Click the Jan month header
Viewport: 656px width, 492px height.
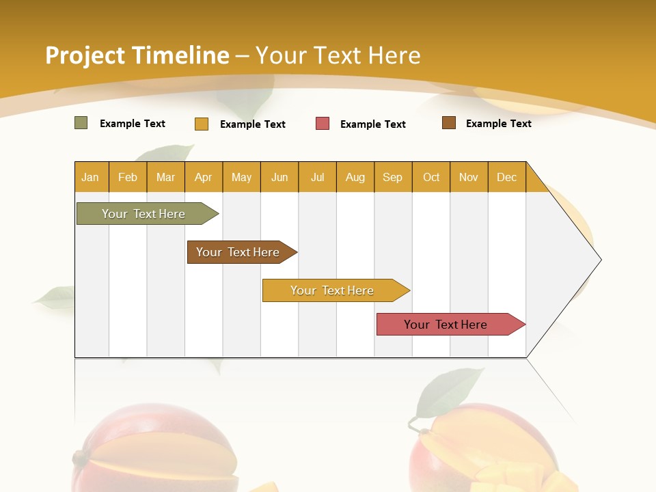click(90, 178)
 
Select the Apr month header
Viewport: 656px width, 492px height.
click(204, 178)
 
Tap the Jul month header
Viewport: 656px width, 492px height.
click(317, 178)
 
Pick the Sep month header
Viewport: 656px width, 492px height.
click(392, 178)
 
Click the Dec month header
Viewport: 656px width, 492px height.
click(506, 178)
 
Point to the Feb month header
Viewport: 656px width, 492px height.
click(128, 178)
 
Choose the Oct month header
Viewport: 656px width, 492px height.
click(431, 178)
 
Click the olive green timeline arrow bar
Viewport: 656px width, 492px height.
click(143, 214)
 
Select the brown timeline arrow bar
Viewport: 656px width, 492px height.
click(238, 252)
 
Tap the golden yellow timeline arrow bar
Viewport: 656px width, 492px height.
click(332, 290)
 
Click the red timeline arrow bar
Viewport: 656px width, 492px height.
click(446, 325)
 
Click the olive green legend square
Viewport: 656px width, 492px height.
click(81, 123)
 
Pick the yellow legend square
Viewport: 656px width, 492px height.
click(202, 124)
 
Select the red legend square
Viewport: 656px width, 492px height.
click(323, 124)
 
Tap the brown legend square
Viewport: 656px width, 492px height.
click(449, 123)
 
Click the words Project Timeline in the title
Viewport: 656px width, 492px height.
click(137, 55)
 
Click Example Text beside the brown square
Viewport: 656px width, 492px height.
click(498, 124)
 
